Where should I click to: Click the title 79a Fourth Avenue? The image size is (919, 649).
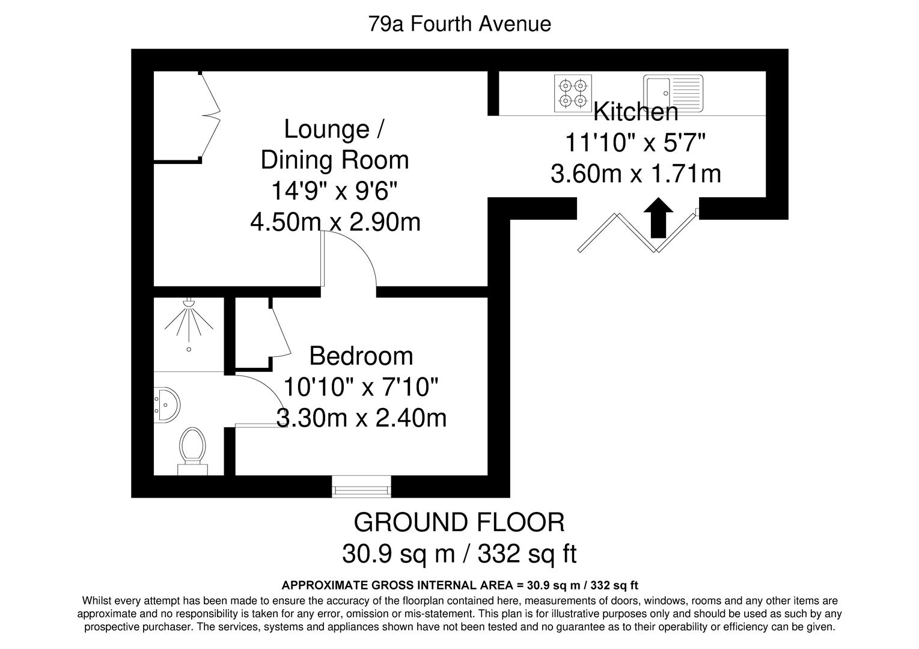tap(459, 24)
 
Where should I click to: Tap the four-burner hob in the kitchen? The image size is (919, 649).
tap(573, 93)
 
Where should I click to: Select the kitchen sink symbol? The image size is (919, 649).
tap(673, 93)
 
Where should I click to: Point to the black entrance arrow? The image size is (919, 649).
tap(658, 218)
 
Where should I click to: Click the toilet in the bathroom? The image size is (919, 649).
tap(192, 446)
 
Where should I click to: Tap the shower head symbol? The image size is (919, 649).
tap(190, 305)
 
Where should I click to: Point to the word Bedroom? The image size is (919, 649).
tap(361, 356)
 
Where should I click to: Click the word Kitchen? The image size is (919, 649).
tap(636, 112)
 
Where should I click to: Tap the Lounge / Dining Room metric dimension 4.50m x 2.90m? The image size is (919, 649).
tap(335, 222)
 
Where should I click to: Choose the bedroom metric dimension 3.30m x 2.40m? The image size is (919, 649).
tap(361, 418)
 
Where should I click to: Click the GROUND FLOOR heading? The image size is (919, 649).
tap(459, 522)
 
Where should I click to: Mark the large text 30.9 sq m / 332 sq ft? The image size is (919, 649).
tap(459, 553)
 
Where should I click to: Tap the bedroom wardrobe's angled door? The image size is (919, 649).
tap(281, 334)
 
